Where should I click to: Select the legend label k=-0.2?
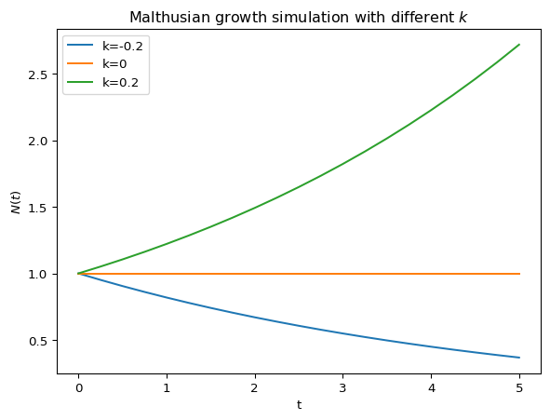click(123, 47)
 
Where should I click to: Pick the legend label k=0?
click(114, 64)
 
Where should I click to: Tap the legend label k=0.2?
click(120, 83)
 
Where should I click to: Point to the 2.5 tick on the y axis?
click(37, 75)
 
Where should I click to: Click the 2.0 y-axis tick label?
click(37, 141)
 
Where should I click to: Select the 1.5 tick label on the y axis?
click(37, 208)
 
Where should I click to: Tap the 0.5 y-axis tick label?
click(37, 341)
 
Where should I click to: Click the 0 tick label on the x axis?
click(79, 388)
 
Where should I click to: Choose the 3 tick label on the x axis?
click(342, 388)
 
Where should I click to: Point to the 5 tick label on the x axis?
click(519, 388)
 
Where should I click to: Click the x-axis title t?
click(300, 405)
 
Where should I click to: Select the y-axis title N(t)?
click(16, 202)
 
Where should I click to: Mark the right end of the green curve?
click(519, 45)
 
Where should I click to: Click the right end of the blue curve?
click(519, 358)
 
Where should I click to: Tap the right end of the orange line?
click(519, 274)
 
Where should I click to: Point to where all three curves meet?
click(78, 274)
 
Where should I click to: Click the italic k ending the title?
click(463, 17)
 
